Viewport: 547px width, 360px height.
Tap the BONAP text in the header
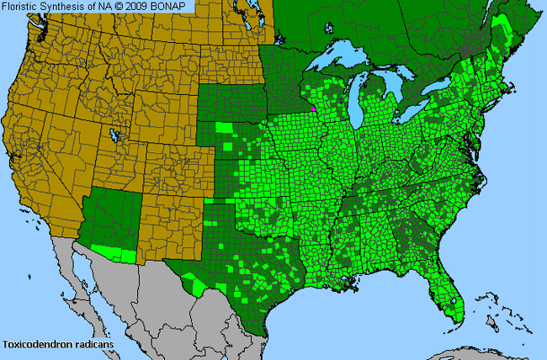[174, 7]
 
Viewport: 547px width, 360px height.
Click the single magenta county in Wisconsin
[313, 108]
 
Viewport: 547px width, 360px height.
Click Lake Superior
[337, 58]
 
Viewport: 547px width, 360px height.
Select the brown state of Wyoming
[151, 109]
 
